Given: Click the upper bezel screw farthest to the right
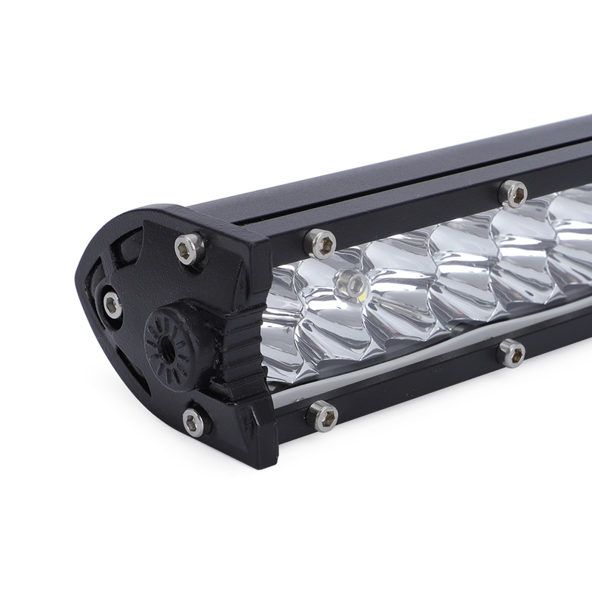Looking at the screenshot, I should [513, 193].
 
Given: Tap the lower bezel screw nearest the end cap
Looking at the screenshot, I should [323, 414].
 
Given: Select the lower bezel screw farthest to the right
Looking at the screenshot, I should [511, 351].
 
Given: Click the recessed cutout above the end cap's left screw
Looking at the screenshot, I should [122, 259].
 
